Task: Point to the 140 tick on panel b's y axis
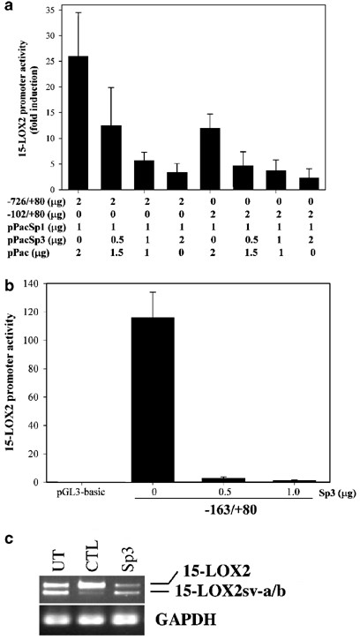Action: [x=49, y=282]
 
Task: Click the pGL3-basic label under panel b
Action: [x=78, y=492]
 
